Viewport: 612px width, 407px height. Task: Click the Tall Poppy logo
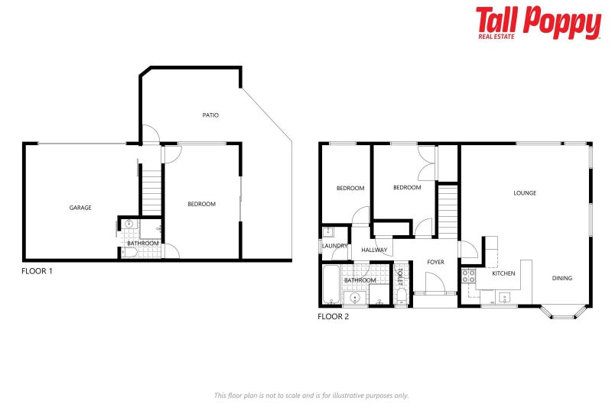[x=538, y=23]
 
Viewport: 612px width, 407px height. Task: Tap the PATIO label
[x=210, y=115]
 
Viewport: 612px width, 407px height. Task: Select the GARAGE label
[x=80, y=208]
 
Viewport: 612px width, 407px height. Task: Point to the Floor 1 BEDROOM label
[x=202, y=204]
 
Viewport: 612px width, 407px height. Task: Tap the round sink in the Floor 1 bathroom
[x=129, y=225]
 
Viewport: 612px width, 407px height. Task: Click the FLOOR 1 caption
[x=37, y=270]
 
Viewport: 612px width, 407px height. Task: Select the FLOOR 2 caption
[x=333, y=316]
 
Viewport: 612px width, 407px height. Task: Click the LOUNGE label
[x=525, y=193]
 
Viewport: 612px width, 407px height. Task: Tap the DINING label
[x=562, y=278]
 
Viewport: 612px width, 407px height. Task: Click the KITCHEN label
[x=503, y=273]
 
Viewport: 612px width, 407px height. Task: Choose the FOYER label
[x=436, y=262]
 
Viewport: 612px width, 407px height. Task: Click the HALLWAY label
[x=375, y=250]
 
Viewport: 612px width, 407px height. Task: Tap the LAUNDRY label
[x=334, y=246]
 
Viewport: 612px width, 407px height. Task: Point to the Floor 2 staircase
[x=448, y=212]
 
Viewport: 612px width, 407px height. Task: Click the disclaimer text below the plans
[x=311, y=395]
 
